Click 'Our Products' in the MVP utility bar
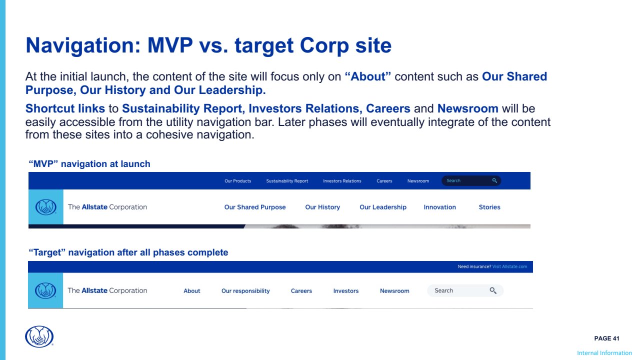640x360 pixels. pos(237,181)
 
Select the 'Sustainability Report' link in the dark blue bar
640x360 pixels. pos(287,181)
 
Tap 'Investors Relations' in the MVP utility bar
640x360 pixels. pos(342,181)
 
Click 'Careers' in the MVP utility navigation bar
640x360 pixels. pos(384,181)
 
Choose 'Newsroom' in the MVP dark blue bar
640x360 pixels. pos(418,181)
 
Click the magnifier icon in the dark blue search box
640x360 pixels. pos(494,180)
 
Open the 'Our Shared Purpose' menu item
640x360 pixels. pos(255,207)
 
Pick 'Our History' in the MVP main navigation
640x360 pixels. pos(322,207)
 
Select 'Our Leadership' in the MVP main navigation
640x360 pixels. pos(383,207)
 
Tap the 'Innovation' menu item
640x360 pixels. pos(439,207)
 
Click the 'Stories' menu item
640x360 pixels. pos(489,207)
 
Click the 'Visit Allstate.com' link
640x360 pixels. pos(509,266)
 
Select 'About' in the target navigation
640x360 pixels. pos(191,291)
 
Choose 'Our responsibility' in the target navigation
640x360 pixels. pos(245,291)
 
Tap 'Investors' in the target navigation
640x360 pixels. pos(345,291)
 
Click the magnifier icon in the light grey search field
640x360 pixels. pos(493,290)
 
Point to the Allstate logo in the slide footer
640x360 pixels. pos(39,336)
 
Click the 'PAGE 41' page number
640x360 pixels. pos(606,338)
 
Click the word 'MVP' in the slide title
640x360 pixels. pos(170,45)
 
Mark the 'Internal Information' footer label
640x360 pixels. pos(604,353)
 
